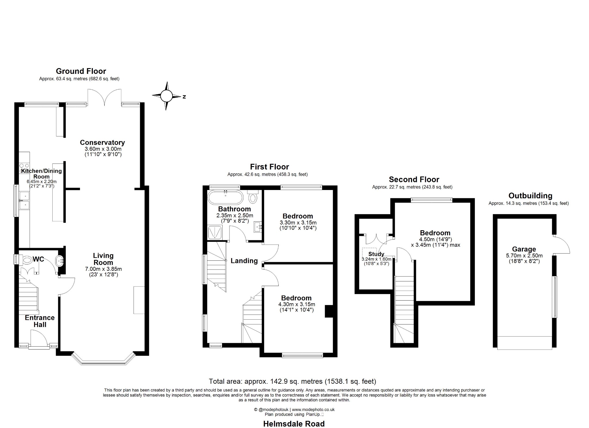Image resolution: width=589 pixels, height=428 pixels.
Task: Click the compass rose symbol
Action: (x=166, y=96)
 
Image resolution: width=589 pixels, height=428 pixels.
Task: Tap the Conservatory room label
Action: (x=102, y=143)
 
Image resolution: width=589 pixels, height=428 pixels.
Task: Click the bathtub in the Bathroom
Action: (x=225, y=197)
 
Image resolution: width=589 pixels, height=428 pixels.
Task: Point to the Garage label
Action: (x=524, y=249)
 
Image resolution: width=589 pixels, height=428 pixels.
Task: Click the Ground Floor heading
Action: (x=81, y=71)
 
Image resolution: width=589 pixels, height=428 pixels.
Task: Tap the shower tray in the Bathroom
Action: (x=215, y=233)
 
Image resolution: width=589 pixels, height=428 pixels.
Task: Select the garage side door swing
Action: (x=561, y=245)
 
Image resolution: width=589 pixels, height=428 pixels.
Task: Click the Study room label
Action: (x=376, y=254)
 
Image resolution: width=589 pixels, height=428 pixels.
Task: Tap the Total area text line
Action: (x=292, y=381)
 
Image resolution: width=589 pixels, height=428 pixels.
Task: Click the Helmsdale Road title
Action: (x=294, y=424)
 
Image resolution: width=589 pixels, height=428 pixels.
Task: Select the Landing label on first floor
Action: (x=244, y=261)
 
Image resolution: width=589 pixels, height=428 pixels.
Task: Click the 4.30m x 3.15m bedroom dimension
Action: (x=297, y=304)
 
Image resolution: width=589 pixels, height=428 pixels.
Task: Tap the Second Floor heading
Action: (x=414, y=180)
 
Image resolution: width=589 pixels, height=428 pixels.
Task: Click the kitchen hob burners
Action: (x=24, y=168)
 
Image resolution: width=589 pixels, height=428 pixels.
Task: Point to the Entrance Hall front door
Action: (x=39, y=339)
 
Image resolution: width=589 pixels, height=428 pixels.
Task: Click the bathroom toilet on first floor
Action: (x=253, y=197)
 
